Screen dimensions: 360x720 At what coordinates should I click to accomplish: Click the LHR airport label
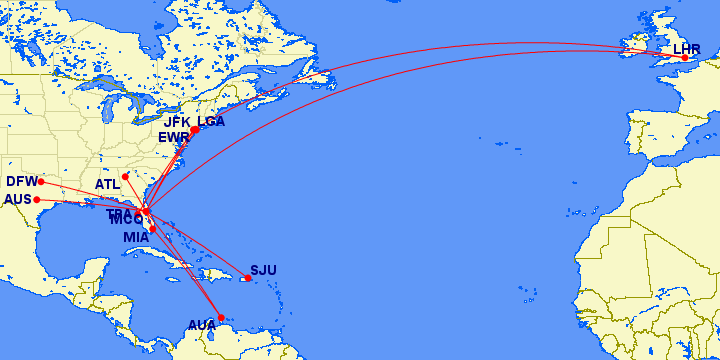[687, 49]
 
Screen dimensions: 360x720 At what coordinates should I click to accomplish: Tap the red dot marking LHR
[685, 58]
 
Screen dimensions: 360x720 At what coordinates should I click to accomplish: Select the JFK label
[178, 122]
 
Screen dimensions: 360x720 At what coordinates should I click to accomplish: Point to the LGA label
[211, 122]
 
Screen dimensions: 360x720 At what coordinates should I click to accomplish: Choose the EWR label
[173, 136]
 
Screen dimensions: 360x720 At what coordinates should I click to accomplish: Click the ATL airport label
[107, 184]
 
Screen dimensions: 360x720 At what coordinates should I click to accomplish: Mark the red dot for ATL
[125, 177]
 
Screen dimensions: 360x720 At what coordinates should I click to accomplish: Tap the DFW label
[21, 181]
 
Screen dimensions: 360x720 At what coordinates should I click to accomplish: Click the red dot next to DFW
[41, 182]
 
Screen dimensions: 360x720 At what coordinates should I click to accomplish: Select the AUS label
[18, 199]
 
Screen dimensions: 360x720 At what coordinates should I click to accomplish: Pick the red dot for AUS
[37, 199]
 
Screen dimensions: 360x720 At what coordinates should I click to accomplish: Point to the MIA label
[136, 237]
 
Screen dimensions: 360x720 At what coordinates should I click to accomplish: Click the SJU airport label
[263, 270]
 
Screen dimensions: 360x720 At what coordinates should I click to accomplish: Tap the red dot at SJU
[247, 278]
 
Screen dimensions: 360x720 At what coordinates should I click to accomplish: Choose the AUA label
[202, 325]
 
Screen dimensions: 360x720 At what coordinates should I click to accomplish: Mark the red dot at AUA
[220, 318]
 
